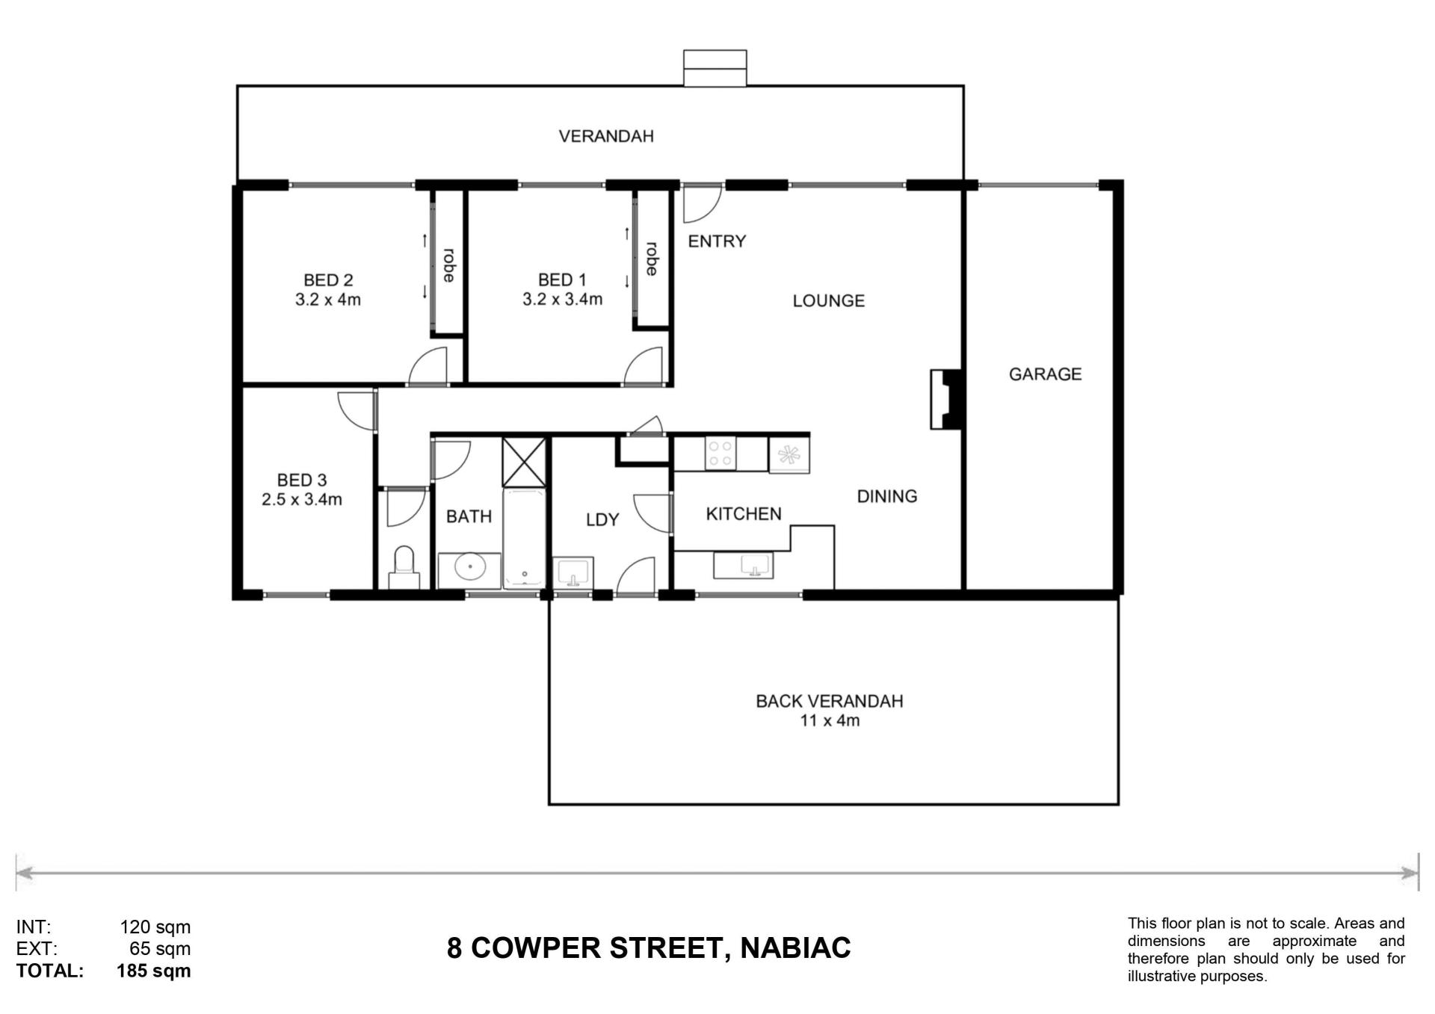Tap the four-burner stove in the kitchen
[720, 454]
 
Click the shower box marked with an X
[524, 463]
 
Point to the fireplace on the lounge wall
[946, 399]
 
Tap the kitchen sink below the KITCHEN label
[744, 566]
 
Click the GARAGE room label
[1045, 374]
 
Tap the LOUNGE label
[829, 301]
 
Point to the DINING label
[887, 496]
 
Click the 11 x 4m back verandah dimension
[830, 721]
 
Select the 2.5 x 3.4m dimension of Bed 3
[302, 500]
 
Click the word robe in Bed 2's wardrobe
[448, 265]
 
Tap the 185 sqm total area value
[154, 971]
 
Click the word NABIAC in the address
[795, 948]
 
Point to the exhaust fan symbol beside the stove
[789, 454]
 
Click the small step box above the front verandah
[715, 68]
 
